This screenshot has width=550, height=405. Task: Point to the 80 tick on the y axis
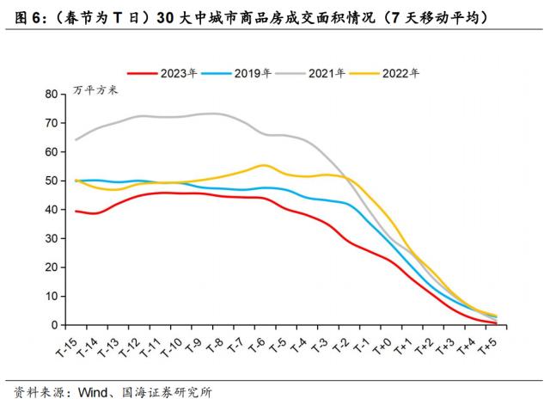coord(51,94)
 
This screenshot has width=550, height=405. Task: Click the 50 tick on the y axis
coord(51,181)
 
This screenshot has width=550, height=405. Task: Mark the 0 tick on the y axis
coord(53,325)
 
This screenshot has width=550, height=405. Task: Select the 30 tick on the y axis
coord(51,238)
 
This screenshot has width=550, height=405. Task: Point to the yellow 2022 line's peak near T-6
coord(264,165)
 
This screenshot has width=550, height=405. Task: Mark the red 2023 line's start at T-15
coord(76,211)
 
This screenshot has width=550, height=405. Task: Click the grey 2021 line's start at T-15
coord(76,139)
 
